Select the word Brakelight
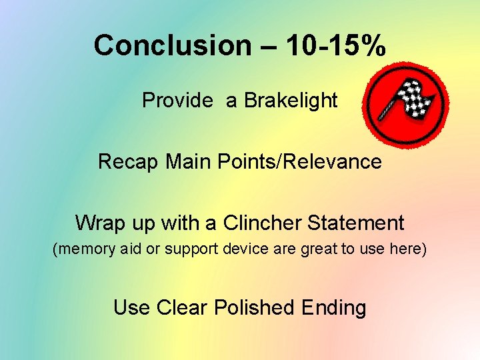(x=291, y=101)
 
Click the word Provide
(x=177, y=101)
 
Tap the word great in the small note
(x=319, y=249)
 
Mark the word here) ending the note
(x=408, y=249)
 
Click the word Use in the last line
(x=131, y=307)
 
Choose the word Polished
(x=254, y=307)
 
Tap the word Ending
(x=333, y=307)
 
